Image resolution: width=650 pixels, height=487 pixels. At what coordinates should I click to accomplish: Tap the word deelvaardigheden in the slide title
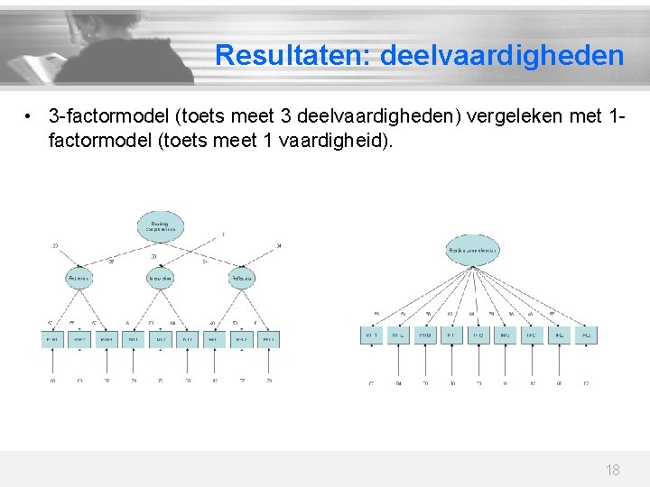click(x=502, y=56)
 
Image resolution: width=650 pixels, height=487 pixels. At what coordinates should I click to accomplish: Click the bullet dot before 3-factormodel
click(x=30, y=117)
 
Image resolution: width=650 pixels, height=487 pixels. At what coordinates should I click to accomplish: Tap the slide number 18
click(x=612, y=470)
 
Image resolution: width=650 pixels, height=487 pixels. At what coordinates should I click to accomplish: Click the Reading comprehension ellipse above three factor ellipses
click(x=161, y=225)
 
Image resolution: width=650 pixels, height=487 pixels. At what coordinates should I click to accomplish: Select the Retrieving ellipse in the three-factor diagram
click(x=79, y=280)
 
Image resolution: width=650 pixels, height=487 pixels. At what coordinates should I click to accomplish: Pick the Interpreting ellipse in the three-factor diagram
click(x=161, y=280)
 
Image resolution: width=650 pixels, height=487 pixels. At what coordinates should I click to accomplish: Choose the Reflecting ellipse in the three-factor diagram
click(x=241, y=280)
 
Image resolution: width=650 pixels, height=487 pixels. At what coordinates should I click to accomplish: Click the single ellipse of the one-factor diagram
click(x=471, y=250)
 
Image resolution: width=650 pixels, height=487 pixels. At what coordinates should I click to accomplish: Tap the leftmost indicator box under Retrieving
click(x=53, y=339)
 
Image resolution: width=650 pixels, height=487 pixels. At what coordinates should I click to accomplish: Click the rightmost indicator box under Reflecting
click(x=267, y=339)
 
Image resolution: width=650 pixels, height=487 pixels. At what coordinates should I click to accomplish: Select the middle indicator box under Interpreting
click(x=161, y=339)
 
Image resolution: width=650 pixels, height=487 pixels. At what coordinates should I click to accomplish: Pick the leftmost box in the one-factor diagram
click(x=370, y=335)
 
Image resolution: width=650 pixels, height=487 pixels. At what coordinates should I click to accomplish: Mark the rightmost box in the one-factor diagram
click(x=586, y=335)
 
